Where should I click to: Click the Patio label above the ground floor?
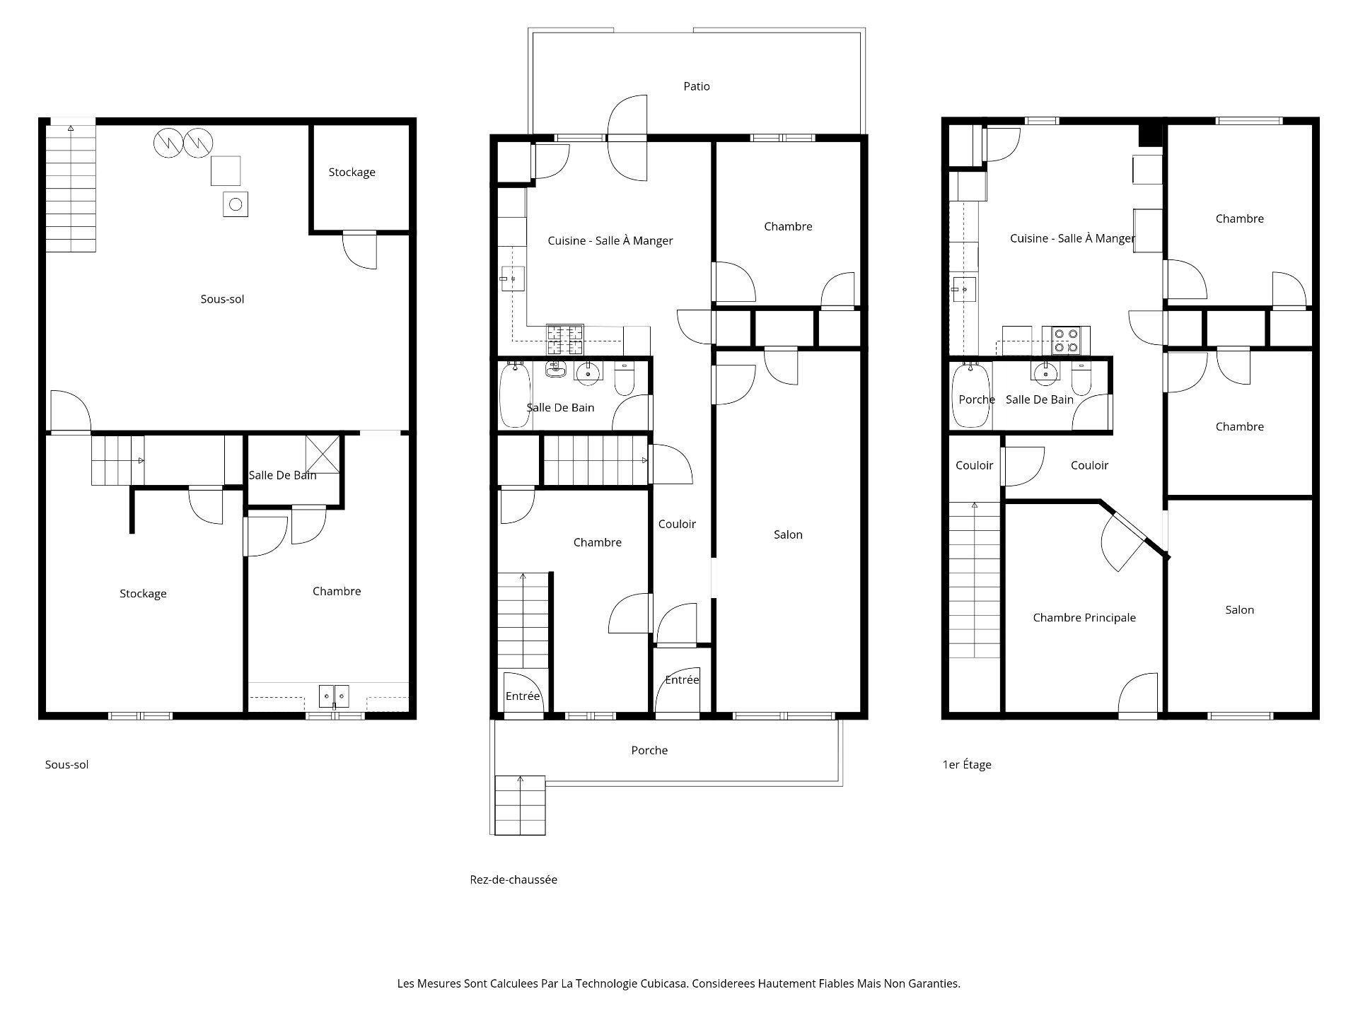click(697, 86)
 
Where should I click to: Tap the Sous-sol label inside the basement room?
click(222, 299)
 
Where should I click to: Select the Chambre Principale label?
click(1084, 618)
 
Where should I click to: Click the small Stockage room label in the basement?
click(352, 172)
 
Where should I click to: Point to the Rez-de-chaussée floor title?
click(513, 879)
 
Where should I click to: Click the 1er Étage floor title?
click(967, 764)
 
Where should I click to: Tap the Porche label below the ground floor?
click(649, 750)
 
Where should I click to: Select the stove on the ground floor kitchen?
click(564, 339)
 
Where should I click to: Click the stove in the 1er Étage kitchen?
click(1066, 340)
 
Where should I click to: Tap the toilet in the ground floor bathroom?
click(624, 378)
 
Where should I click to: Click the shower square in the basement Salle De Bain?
click(322, 454)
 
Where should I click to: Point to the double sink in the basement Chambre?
click(333, 696)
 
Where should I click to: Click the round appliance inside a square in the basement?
click(236, 204)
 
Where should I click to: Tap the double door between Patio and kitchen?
click(627, 138)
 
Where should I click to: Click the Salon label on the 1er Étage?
click(1239, 610)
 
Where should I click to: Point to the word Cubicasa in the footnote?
click(664, 983)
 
